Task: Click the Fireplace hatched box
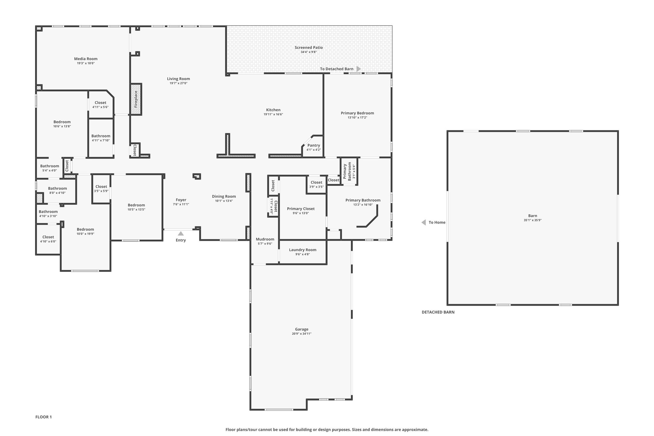(x=136, y=99)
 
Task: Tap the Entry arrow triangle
(x=181, y=233)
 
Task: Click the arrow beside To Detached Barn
(x=359, y=69)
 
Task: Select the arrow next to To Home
(x=423, y=222)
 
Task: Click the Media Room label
(x=86, y=59)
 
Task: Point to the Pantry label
(x=314, y=145)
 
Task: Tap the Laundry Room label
(x=303, y=250)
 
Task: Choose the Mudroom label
(x=265, y=239)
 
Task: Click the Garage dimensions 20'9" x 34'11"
(x=302, y=334)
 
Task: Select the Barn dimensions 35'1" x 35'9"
(x=533, y=220)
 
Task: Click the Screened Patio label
(x=309, y=48)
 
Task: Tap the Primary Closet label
(x=301, y=209)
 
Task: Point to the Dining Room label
(x=224, y=196)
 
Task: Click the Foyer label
(x=181, y=200)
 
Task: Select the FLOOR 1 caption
(x=43, y=417)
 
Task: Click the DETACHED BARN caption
(x=438, y=312)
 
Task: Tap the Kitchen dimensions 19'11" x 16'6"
(x=273, y=114)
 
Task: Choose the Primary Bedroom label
(x=357, y=113)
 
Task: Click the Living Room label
(x=179, y=79)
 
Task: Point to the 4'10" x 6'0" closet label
(x=48, y=241)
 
